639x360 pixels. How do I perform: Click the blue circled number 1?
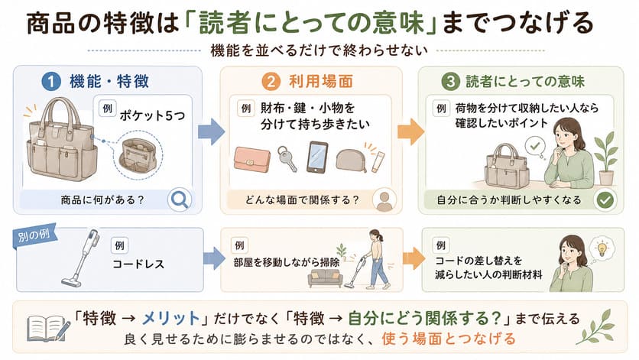[x=51, y=82]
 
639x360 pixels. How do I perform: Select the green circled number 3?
[x=451, y=82]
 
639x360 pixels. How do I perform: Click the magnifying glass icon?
[x=180, y=199]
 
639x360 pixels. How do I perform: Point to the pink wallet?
[x=251, y=158]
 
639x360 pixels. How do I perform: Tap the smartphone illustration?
[x=317, y=157]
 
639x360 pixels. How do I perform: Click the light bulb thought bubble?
[x=602, y=248]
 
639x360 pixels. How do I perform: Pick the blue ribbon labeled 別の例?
[x=35, y=236]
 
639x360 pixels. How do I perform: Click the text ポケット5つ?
[x=152, y=115]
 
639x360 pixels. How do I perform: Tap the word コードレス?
[x=138, y=264]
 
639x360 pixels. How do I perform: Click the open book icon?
[x=47, y=329]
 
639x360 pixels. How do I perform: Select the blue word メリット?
[x=170, y=318]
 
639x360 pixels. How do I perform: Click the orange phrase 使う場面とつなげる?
[x=449, y=339]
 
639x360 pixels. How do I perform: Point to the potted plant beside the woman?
[x=606, y=158]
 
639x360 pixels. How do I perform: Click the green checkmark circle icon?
[x=605, y=199]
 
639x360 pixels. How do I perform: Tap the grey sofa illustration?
[x=325, y=278]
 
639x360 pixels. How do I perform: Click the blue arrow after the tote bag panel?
[x=212, y=131]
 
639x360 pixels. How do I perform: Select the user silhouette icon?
[x=384, y=199]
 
